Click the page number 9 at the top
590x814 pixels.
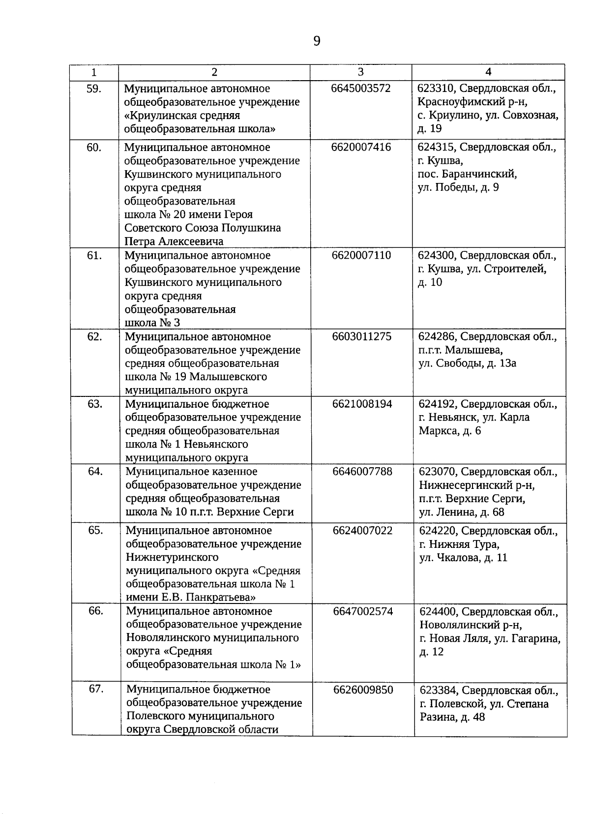(x=317, y=41)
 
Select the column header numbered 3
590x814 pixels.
(x=361, y=72)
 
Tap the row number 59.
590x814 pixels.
(x=93, y=89)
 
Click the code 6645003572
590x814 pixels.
(x=361, y=89)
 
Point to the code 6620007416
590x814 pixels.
(x=361, y=147)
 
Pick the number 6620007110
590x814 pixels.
(x=361, y=255)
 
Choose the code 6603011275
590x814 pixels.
(x=362, y=336)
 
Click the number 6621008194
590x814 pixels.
(x=362, y=404)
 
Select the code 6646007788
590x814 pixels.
(x=362, y=472)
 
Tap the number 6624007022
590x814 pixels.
(x=363, y=531)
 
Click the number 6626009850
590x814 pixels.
(x=363, y=690)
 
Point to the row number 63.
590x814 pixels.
(x=95, y=404)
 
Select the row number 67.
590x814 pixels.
(x=96, y=689)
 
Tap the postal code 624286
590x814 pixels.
(x=437, y=337)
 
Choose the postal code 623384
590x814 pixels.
(x=439, y=691)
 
